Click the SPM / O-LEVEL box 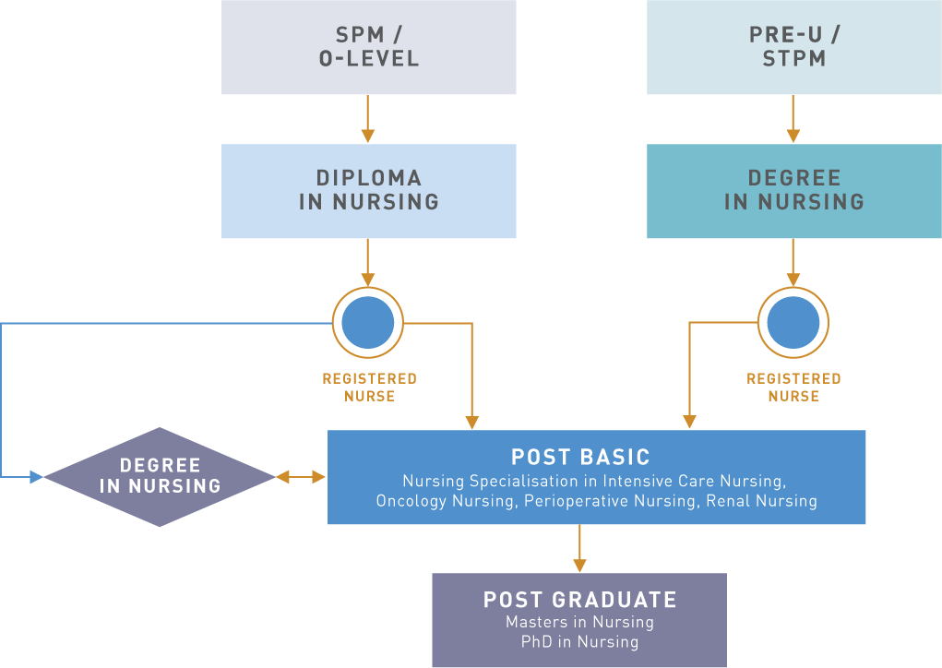pos(368,47)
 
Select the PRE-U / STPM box pos(793,47)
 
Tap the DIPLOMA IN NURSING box pos(368,190)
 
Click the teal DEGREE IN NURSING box pos(793,190)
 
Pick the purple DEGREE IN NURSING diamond pos(160,476)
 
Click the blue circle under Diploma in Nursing pos(368,323)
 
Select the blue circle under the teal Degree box pos(793,323)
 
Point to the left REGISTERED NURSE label pos(369,388)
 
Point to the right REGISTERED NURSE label pos(793,388)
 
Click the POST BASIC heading pos(580,457)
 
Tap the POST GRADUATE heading pos(579,600)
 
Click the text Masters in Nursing pos(579,623)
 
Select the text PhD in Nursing pos(579,642)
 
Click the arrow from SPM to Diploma pos(368,119)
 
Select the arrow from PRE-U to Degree pos(793,119)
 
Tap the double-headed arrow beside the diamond pos(302,477)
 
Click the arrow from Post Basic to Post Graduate pos(579,549)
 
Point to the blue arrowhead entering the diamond pos(37,477)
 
